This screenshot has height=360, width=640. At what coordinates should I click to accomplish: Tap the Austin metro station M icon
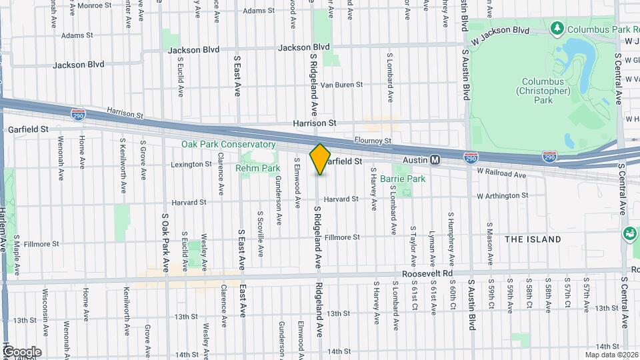435,160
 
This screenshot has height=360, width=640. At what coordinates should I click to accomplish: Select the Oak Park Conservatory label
228,144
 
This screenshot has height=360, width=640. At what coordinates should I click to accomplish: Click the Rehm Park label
257,169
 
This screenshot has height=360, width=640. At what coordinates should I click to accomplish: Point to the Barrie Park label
402,179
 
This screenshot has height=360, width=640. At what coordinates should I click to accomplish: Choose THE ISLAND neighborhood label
533,239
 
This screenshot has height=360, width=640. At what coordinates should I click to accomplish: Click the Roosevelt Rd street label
427,274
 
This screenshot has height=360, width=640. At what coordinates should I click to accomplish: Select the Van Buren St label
341,85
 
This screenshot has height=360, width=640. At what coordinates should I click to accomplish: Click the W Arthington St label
502,196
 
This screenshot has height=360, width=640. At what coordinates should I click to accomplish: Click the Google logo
22,351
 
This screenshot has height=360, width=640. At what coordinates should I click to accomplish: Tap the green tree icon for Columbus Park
557,29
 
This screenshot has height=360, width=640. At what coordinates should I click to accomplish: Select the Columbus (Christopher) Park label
543,91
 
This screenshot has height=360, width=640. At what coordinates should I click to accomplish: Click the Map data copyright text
612,355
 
